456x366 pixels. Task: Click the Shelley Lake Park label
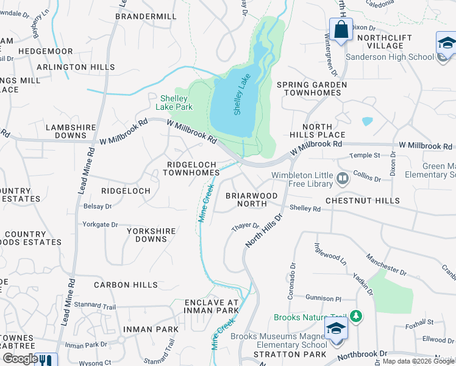176,102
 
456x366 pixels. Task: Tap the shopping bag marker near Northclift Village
341,29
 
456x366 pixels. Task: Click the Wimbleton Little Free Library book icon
342,179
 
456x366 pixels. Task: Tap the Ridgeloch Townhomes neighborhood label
193,168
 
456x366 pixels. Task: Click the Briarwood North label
252,200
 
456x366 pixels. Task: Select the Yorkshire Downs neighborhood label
151,235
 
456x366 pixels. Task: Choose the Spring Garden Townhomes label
312,88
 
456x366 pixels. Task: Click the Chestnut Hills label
362,201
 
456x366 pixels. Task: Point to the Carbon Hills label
126,285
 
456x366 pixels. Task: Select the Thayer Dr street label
246,227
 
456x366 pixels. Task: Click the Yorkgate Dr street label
100,224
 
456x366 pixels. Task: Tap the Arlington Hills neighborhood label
76,67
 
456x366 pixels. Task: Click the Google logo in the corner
20,359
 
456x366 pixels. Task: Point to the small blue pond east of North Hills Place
367,121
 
